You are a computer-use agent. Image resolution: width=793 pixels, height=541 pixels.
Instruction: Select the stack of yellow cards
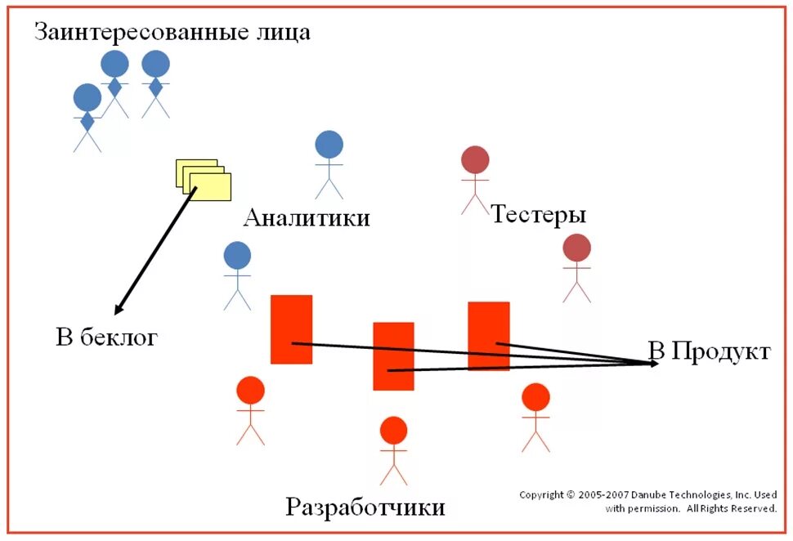(x=204, y=178)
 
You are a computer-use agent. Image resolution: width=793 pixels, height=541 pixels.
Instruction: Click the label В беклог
(x=106, y=337)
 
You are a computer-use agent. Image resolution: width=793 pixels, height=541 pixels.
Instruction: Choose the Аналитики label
(x=307, y=218)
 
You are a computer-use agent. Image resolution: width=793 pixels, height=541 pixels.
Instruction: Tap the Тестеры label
(x=539, y=215)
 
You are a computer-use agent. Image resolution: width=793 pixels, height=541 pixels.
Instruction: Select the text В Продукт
(x=709, y=351)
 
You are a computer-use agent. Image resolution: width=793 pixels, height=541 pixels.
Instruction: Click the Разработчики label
(x=365, y=507)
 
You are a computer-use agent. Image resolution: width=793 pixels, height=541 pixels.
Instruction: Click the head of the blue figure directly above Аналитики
(x=329, y=145)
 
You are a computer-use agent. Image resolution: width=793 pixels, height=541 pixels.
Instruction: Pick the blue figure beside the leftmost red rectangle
(x=237, y=276)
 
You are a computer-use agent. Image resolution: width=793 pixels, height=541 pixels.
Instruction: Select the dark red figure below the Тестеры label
(x=576, y=268)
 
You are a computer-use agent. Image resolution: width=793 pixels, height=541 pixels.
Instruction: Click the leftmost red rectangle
(x=291, y=329)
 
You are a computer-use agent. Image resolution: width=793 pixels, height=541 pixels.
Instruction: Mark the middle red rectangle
(x=393, y=355)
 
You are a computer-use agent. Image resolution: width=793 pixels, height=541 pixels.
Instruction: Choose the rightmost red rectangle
(x=489, y=335)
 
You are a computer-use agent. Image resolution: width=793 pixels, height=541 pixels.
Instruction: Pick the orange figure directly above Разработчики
(x=393, y=449)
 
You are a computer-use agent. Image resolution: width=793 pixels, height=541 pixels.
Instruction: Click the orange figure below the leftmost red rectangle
(x=250, y=410)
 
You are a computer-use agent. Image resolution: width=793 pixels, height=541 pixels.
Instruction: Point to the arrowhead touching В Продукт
(x=653, y=363)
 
